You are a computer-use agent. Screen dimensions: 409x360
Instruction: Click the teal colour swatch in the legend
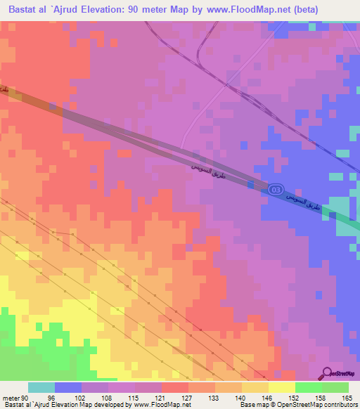click(41, 387)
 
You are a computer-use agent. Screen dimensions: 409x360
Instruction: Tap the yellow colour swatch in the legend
click(281, 387)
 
